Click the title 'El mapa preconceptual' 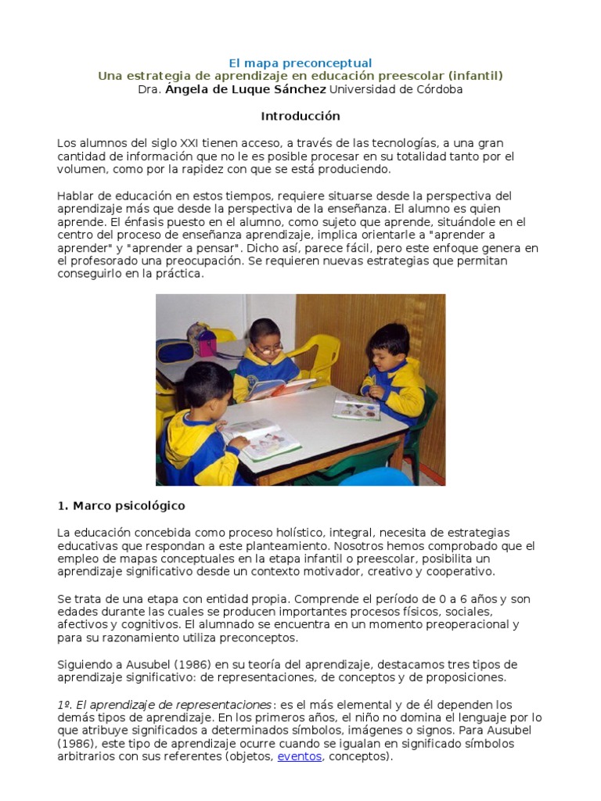tap(300, 63)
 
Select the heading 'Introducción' tap(300, 116)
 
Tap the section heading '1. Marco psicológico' tap(121, 505)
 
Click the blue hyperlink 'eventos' tap(299, 757)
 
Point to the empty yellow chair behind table tap(321, 357)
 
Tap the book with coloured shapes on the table tap(356, 407)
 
